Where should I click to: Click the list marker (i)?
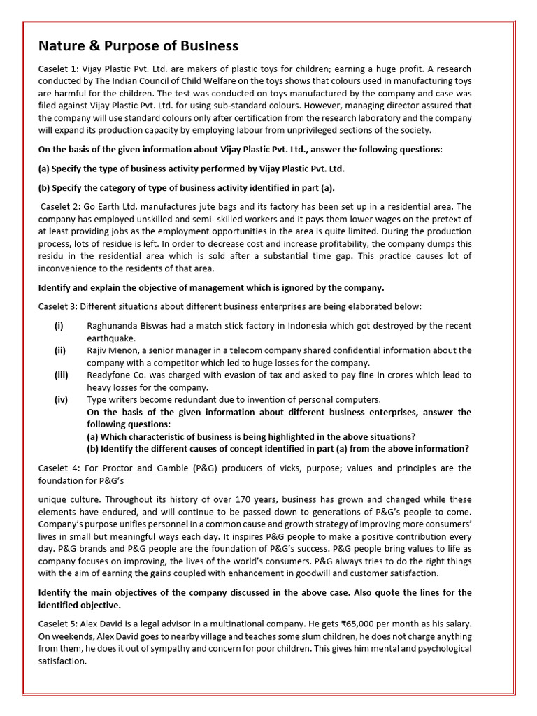point(59,326)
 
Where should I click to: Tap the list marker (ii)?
point(61,350)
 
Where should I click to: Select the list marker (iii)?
point(62,375)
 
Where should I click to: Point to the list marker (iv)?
point(62,399)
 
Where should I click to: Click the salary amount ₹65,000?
point(378,624)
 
